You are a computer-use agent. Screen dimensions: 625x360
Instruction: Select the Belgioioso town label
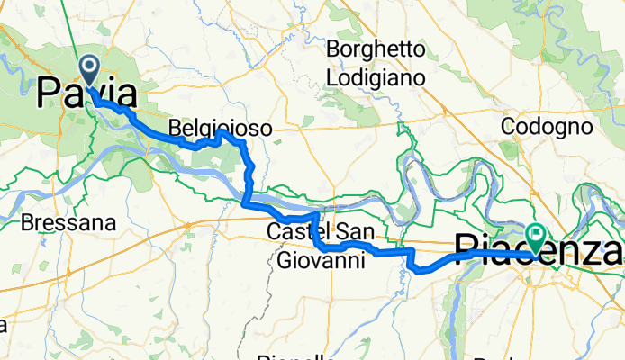tap(220, 130)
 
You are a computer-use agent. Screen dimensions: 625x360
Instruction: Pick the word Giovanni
tap(321, 261)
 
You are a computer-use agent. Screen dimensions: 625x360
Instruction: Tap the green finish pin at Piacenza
tap(538, 236)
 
